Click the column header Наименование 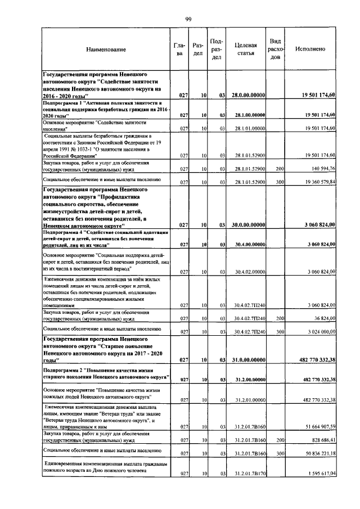point(106,49)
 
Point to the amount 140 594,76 point(319,168)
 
